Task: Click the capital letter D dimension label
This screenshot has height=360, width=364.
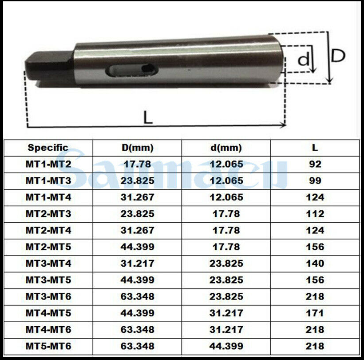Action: (338, 56)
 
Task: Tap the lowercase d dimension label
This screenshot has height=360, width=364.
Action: (304, 59)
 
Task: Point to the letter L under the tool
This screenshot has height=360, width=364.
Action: (148, 117)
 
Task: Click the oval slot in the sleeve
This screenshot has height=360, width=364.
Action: (132, 70)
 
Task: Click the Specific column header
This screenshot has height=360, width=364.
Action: (48, 148)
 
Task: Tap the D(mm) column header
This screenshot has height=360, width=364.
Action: (138, 148)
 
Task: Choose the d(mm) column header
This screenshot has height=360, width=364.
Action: (226, 148)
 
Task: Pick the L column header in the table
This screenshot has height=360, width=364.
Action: (315, 148)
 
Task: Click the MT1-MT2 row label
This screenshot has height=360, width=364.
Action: (48, 164)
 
